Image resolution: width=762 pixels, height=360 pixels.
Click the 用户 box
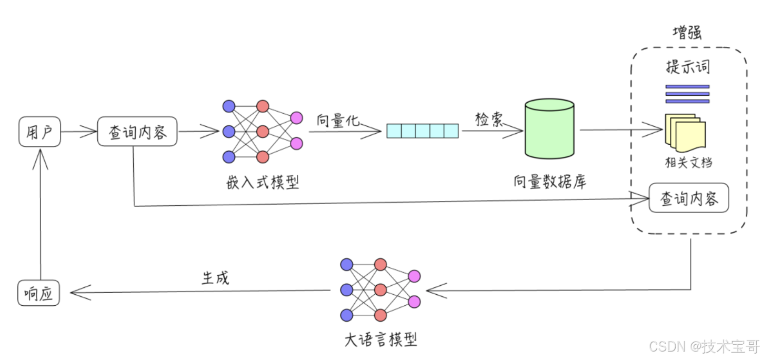click(39, 131)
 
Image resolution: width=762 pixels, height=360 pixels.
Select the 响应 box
click(38, 293)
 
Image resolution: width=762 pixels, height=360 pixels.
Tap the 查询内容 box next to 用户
click(137, 132)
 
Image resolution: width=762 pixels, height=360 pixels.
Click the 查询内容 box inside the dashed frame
click(689, 198)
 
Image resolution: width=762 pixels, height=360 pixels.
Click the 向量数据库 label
click(550, 182)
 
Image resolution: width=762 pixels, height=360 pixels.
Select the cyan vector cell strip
click(423, 131)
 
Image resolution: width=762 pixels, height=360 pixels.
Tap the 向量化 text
click(338, 120)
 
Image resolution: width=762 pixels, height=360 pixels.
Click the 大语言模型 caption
click(380, 339)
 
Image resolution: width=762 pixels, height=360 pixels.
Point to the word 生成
click(215, 277)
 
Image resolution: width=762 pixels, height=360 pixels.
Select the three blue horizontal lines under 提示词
click(687, 94)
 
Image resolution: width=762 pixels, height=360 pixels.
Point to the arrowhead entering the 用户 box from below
click(40, 157)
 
